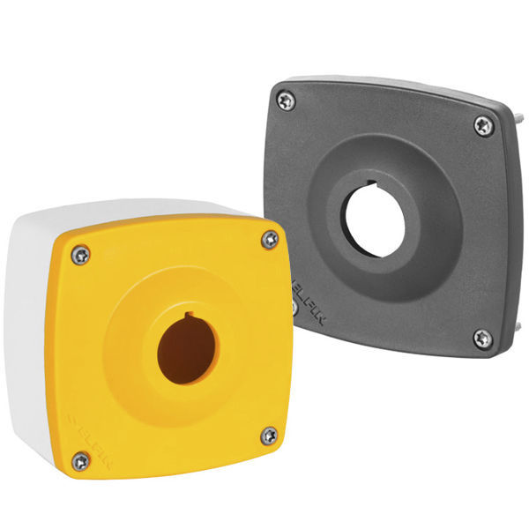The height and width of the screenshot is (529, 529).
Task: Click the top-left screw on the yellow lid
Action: (x=80, y=254)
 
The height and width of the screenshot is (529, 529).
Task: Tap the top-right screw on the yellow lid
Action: (x=269, y=240)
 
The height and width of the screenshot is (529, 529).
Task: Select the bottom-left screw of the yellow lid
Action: (x=80, y=458)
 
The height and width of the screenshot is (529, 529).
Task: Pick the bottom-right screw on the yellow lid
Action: (x=269, y=435)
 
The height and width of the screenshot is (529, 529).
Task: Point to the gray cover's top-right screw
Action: (x=483, y=126)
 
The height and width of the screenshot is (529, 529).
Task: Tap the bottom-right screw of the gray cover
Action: (x=482, y=338)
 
